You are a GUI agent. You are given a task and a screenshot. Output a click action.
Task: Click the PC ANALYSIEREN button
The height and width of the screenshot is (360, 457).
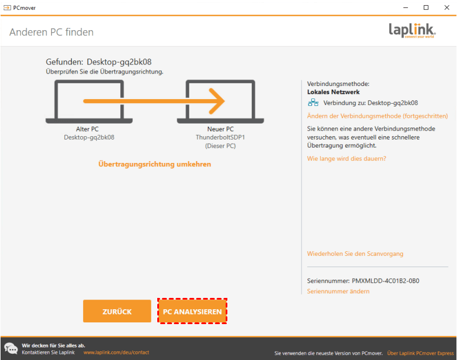(x=193, y=311)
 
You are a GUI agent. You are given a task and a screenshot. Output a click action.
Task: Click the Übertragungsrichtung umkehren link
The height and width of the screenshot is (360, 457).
(x=154, y=164)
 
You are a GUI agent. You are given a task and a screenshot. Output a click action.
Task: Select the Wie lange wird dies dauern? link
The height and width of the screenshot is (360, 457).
(x=346, y=158)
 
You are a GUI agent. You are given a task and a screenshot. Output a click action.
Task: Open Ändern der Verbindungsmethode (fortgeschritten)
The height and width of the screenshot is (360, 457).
(x=377, y=116)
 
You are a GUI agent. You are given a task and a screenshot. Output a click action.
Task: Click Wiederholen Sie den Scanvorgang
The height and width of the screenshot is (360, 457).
(x=355, y=253)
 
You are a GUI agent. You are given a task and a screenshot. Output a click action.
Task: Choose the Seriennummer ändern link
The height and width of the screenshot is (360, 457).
(x=338, y=291)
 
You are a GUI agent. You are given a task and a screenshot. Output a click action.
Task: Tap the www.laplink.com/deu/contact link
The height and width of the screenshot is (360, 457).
(x=116, y=353)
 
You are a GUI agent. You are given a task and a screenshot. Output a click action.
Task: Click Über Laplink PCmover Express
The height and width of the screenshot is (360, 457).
(x=421, y=353)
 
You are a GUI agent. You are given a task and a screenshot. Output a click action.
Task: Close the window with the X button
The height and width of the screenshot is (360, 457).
(x=447, y=7)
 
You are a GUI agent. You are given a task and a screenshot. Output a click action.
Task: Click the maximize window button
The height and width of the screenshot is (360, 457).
(x=426, y=7)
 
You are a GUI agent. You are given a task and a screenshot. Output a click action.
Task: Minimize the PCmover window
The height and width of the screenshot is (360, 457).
(x=405, y=7)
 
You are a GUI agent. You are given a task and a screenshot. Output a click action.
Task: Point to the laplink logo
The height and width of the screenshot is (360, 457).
(x=412, y=30)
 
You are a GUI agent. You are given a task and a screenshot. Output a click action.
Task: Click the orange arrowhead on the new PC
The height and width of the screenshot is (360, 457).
(x=217, y=101)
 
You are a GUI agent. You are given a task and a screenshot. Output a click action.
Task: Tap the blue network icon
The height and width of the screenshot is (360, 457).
(x=313, y=103)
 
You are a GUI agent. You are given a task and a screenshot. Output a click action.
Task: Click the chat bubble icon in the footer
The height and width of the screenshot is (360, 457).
(x=11, y=349)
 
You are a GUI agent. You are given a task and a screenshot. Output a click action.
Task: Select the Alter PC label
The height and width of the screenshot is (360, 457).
(x=87, y=129)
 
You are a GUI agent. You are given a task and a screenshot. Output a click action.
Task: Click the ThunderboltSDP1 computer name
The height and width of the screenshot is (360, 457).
(x=221, y=137)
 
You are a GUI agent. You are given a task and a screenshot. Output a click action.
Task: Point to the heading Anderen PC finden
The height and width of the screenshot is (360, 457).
(x=51, y=32)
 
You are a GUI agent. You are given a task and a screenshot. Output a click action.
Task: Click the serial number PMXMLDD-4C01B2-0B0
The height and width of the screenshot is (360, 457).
(x=385, y=281)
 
